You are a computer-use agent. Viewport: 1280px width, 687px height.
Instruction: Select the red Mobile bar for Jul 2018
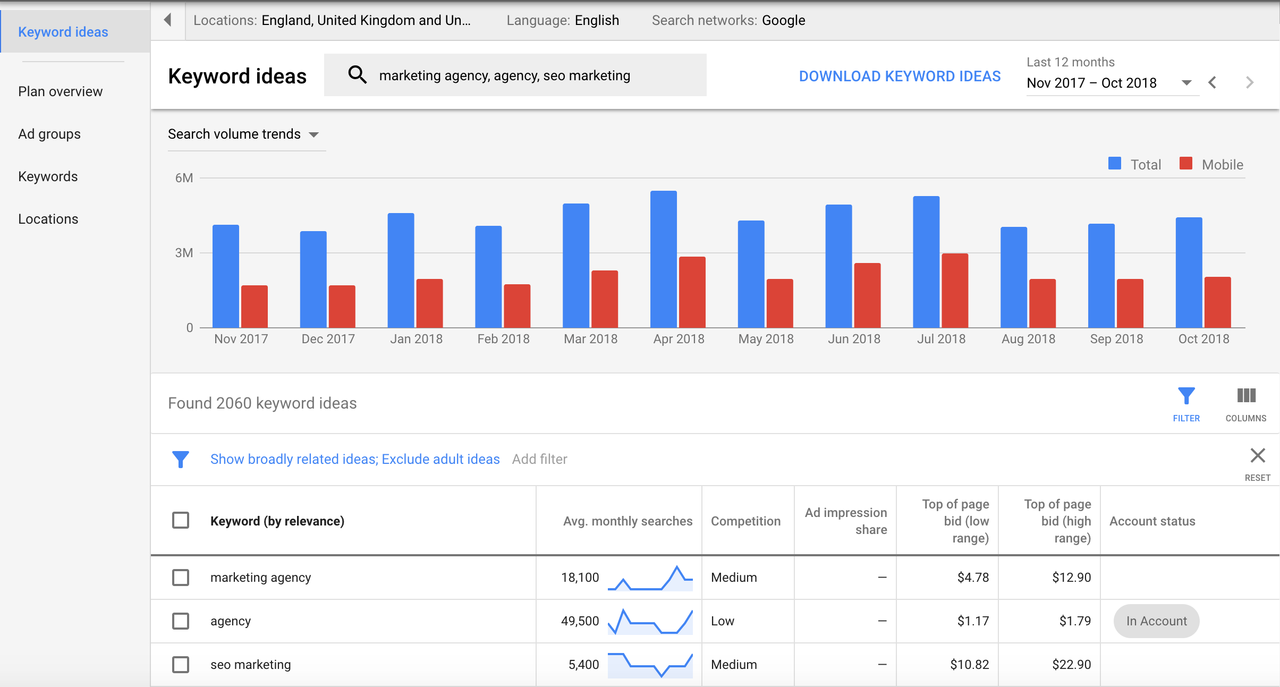pyautogui.click(x=955, y=291)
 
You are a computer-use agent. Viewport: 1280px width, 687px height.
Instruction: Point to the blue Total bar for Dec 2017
pyautogui.click(x=313, y=279)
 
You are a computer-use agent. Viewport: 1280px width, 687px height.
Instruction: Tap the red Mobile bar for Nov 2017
pyautogui.click(x=255, y=307)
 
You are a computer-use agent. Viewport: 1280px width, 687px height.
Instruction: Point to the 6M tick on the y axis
pyautogui.click(x=184, y=178)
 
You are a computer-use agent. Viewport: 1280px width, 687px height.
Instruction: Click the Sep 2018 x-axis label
pyautogui.click(x=1116, y=339)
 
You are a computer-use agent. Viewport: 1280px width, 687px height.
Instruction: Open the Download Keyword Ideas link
pyautogui.click(x=900, y=77)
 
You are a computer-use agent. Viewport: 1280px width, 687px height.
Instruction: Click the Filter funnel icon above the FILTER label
pyautogui.click(x=1186, y=396)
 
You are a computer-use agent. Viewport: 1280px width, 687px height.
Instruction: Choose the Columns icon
pyautogui.click(x=1246, y=396)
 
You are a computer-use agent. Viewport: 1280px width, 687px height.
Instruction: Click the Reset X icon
pyautogui.click(x=1258, y=456)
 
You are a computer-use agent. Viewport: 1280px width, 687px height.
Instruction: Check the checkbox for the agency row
pyautogui.click(x=181, y=621)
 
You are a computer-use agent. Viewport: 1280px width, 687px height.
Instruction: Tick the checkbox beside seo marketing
pyautogui.click(x=181, y=665)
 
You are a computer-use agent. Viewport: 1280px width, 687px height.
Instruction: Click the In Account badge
pyautogui.click(x=1156, y=621)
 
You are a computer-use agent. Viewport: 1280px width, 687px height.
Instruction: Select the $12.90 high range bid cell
pyautogui.click(x=1071, y=578)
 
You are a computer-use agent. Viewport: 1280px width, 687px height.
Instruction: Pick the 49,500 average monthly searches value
pyautogui.click(x=580, y=621)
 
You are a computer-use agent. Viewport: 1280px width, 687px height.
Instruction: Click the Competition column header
pyautogui.click(x=745, y=521)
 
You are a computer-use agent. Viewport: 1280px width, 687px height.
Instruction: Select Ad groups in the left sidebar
pyautogui.click(x=49, y=134)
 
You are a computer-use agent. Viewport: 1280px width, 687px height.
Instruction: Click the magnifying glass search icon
pyautogui.click(x=357, y=75)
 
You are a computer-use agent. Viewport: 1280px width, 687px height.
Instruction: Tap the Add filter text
pyautogui.click(x=539, y=459)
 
